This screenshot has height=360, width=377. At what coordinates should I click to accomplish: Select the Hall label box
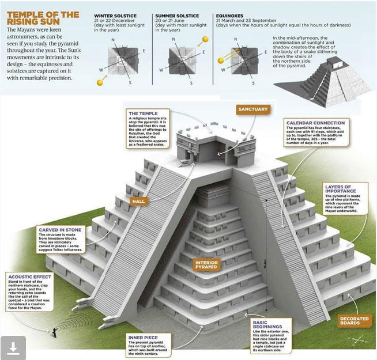(139, 201)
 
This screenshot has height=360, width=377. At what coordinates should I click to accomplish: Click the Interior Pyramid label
(206, 266)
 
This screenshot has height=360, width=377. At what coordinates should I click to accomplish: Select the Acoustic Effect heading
(27, 277)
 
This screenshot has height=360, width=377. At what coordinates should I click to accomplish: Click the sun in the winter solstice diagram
(100, 82)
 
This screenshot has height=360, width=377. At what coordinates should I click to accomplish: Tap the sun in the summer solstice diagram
(205, 41)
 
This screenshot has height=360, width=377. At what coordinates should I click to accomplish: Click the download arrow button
(13, 347)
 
